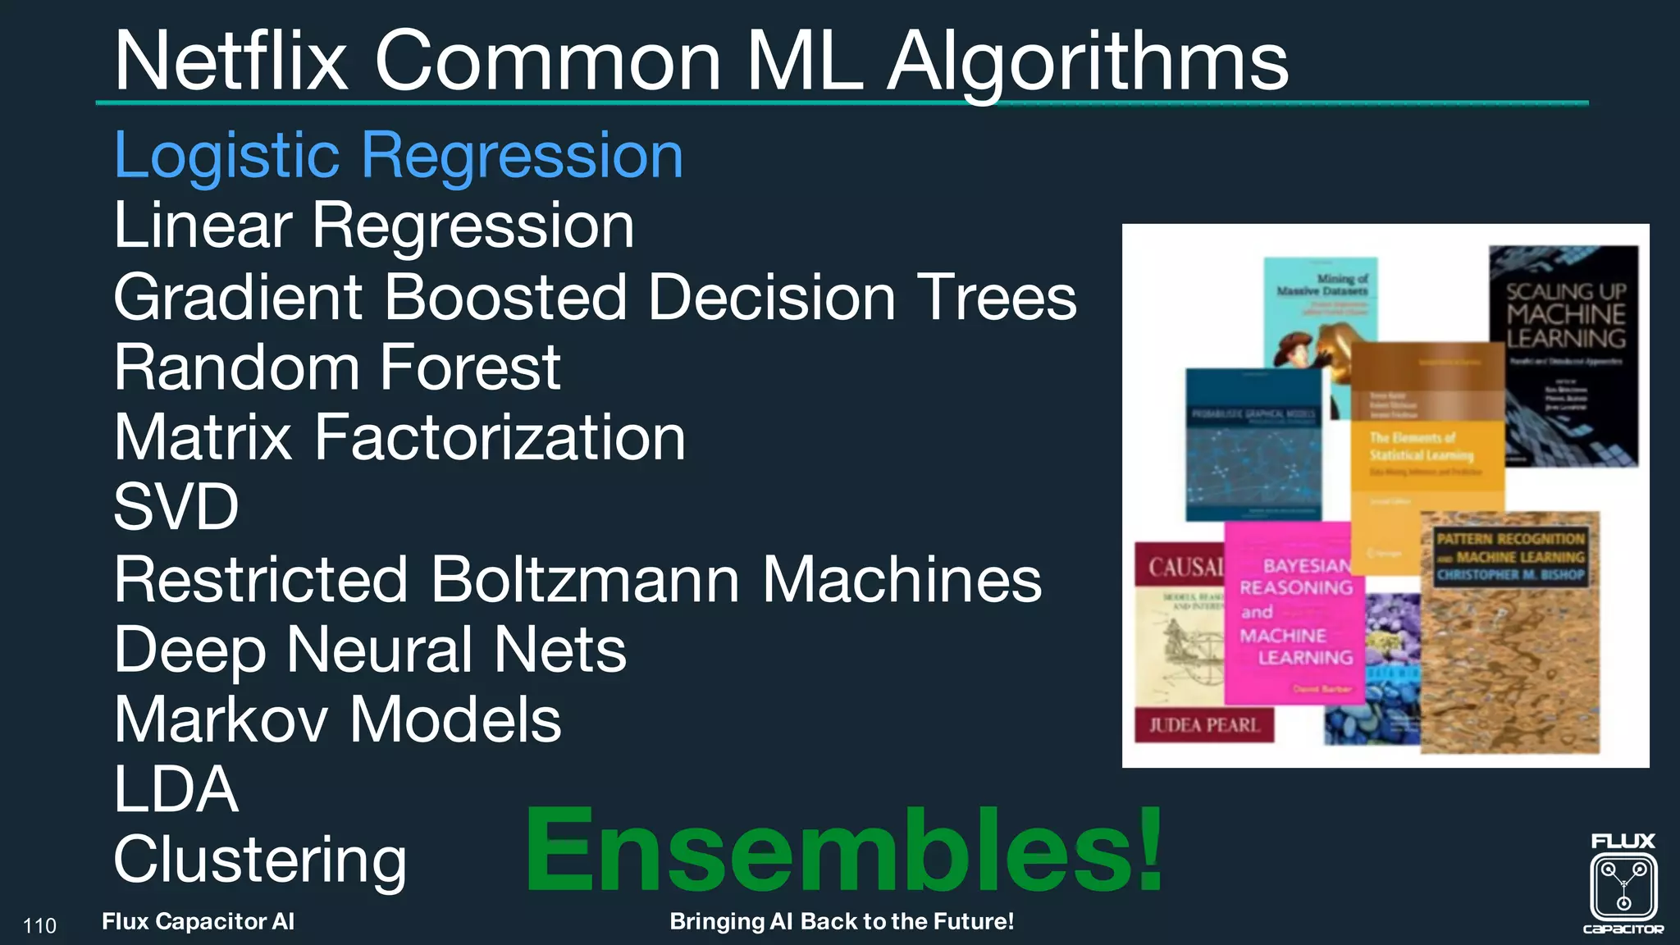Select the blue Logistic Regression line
click(398, 155)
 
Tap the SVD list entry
click(176, 507)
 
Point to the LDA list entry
click(176, 789)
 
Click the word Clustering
click(260, 860)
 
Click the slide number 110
click(39, 926)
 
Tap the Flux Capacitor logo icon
click(1623, 886)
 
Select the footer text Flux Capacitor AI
click(198, 921)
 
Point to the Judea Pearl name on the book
click(1203, 725)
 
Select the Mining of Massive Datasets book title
click(1322, 285)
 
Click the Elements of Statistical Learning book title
click(1421, 446)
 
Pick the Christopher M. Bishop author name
click(1510, 575)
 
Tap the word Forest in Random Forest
click(470, 367)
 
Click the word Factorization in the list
click(500, 437)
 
